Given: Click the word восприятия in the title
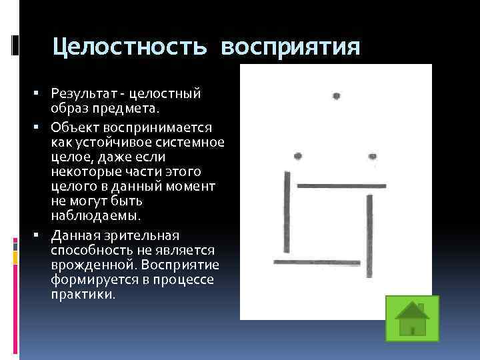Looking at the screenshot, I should coord(291,47).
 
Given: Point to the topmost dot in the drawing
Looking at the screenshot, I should coord(337,95).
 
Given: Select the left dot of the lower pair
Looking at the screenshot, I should coord(298,156).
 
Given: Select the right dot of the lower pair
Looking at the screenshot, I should coord(372,157).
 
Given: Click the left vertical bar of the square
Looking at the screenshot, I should coord(287,213).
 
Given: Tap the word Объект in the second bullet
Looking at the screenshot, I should coord(72,127).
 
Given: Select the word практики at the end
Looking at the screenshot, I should coord(81,293).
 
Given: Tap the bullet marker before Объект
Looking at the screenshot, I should coord(41,127).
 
